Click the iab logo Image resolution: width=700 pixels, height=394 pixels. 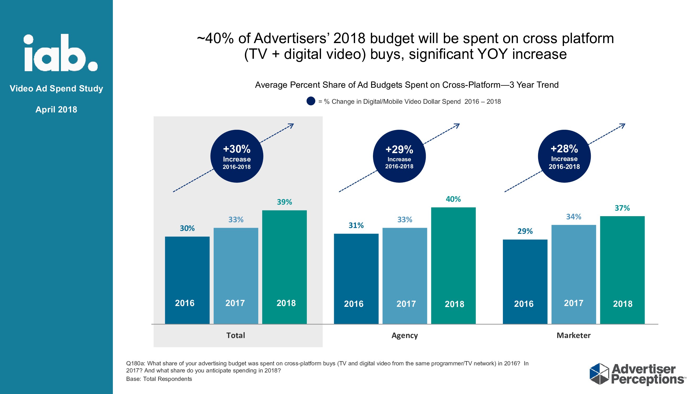(60, 53)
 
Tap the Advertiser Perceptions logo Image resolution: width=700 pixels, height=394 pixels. (637, 374)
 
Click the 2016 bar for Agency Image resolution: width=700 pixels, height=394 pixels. (356, 278)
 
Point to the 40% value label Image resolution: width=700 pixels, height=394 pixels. (453, 199)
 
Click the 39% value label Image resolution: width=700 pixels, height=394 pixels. (284, 202)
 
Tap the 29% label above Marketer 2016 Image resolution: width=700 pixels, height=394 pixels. (525, 231)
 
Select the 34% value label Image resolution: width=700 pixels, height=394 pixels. (573, 217)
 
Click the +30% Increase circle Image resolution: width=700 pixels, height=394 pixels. (237, 156)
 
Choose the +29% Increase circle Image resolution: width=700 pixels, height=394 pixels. (399, 156)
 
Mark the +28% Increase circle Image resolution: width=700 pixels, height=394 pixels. (564, 156)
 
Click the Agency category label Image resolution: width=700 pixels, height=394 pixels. (404, 335)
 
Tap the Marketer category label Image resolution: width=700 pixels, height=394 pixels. (573, 335)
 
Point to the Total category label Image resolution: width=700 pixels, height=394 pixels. (236, 335)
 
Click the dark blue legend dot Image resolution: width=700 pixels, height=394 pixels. (310, 101)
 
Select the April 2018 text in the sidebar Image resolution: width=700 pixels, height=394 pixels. (56, 109)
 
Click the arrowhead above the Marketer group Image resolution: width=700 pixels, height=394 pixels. (622, 126)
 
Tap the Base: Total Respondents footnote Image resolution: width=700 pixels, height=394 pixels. (159, 379)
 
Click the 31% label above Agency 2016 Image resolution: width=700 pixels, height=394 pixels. (356, 225)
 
